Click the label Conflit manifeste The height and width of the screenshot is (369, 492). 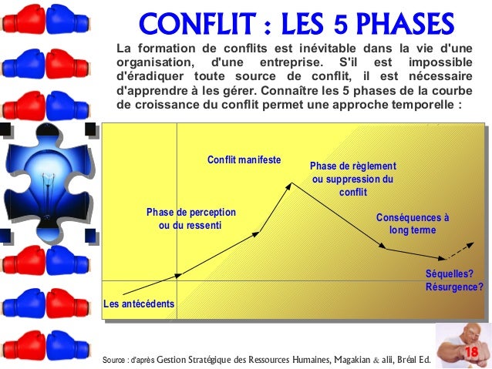244,160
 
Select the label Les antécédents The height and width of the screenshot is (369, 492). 139,304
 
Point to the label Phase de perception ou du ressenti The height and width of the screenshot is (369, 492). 190,219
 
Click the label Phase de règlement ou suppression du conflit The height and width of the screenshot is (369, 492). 352,179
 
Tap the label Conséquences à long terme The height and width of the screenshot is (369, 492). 413,223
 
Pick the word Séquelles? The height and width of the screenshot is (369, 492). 450,273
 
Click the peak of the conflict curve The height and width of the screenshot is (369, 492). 291,183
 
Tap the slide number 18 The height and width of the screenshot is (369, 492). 470,352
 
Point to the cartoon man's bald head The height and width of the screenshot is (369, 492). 455,337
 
